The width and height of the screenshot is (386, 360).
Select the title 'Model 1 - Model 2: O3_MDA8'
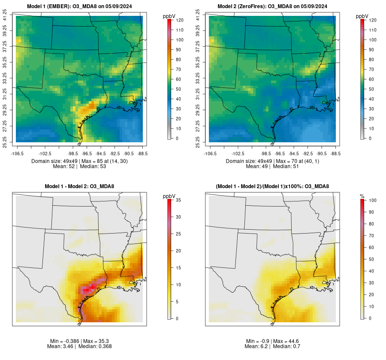pyautogui.click(x=80, y=186)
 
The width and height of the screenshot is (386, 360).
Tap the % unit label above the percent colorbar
pyautogui.click(x=362, y=196)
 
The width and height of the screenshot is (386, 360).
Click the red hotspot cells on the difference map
pyautogui.click(x=89, y=288)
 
